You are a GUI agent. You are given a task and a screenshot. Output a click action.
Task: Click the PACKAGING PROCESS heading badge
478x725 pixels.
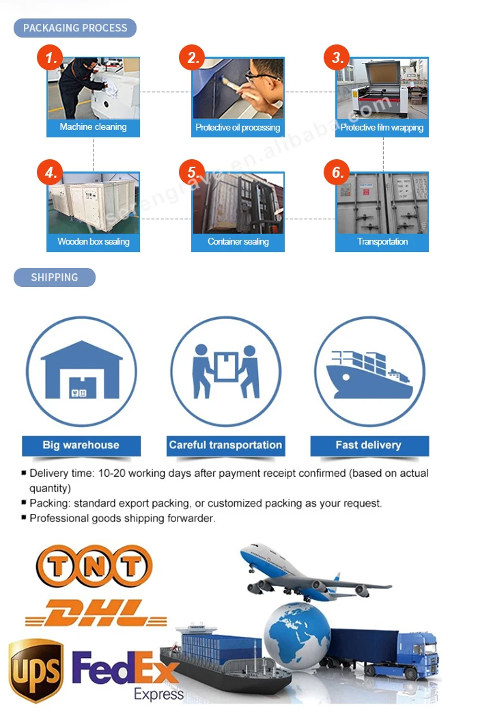pos(75,28)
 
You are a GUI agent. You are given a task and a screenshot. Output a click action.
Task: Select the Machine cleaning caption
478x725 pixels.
pos(93,127)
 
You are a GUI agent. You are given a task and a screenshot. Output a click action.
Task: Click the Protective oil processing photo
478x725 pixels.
pos(238,89)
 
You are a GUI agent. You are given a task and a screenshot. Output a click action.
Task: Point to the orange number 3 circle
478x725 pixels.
pos(337,58)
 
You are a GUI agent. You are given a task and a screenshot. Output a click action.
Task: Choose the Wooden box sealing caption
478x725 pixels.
pos(93,241)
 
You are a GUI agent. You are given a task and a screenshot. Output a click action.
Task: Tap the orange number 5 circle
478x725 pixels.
pos(194,172)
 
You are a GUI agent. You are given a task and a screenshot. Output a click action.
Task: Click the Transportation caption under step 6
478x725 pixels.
pos(382,241)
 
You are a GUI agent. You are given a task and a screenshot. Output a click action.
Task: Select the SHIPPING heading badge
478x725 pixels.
pos(55,277)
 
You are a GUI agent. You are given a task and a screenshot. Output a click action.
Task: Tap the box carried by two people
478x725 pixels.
pos(225,365)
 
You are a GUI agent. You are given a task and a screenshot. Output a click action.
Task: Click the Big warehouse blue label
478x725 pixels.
pos(81,446)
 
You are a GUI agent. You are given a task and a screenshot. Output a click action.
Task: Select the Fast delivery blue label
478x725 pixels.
pos(368,446)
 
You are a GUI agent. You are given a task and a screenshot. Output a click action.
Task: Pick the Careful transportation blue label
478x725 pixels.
pos(225,446)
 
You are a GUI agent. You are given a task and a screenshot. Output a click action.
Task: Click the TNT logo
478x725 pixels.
pos(94,566)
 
